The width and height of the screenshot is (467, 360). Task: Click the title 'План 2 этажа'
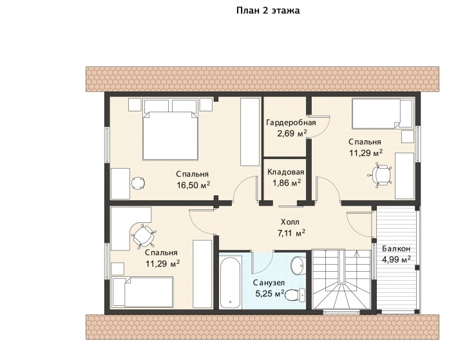click(x=268, y=11)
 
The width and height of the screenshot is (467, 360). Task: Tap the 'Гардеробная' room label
click(x=291, y=122)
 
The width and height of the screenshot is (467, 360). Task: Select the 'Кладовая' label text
click(x=285, y=172)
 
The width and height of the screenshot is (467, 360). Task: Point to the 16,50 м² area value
click(x=194, y=185)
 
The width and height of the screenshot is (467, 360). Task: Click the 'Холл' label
click(x=290, y=222)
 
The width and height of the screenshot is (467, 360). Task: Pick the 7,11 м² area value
click(x=291, y=233)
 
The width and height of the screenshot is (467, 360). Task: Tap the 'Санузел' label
click(x=269, y=283)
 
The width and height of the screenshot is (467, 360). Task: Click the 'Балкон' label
click(x=396, y=249)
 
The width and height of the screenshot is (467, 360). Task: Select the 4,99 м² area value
click(x=396, y=260)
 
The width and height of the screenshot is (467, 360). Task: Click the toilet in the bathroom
click(x=295, y=294)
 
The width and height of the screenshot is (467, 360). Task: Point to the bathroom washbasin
click(x=297, y=265)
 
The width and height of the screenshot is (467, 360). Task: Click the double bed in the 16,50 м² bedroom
click(x=170, y=129)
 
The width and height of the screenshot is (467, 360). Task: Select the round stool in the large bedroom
click(x=138, y=183)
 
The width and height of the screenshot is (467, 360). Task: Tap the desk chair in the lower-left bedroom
click(x=143, y=236)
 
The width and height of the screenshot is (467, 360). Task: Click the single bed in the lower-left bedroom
click(x=142, y=292)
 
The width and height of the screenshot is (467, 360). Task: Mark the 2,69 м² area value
click(x=292, y=133)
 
